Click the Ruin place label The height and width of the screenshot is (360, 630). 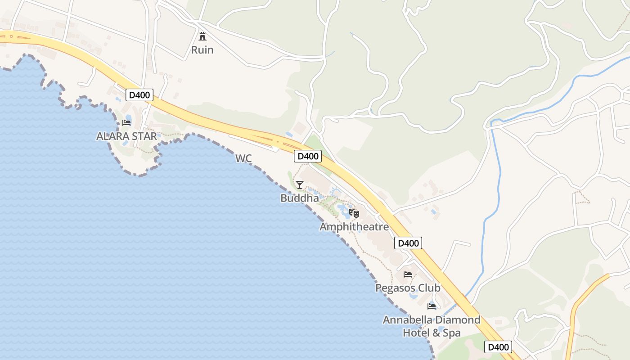tap(202, 49)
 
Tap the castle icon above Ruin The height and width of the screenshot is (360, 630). tap(202, 36)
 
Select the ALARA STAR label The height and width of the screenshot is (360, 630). tap(126, 136)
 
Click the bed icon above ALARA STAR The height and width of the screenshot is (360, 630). tap(126, 122)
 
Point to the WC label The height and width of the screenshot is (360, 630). tap(243, 158)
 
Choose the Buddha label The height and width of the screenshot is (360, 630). tap(299, 198)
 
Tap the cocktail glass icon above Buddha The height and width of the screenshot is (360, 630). tap(300, 184)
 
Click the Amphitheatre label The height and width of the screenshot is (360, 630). tap(354, 227)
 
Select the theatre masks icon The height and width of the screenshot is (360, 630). tap(354, 213)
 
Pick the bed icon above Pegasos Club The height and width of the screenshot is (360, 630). tap(408, 274)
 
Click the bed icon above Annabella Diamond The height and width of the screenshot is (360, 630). tap(432, 306)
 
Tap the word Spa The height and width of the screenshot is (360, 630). tap(451, 333)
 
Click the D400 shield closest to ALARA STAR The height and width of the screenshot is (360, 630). tap(139, 95)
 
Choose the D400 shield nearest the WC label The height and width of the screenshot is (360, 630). tap(308, 156)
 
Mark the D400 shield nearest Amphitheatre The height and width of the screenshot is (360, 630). tap(408, 243)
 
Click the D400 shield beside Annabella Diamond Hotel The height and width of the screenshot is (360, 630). tap(498, 347)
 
